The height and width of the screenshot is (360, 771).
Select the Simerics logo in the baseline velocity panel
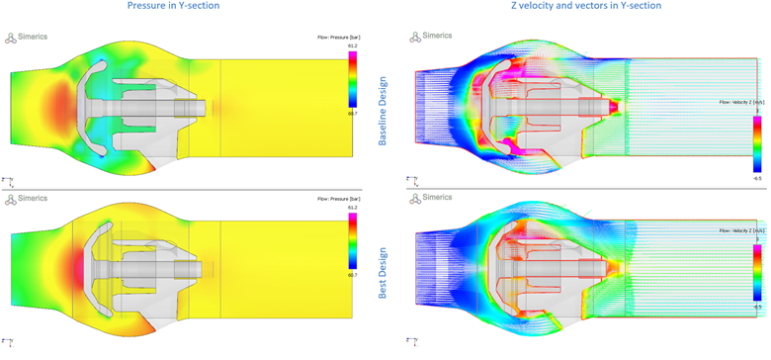432,36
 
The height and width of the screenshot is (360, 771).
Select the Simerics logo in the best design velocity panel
432,197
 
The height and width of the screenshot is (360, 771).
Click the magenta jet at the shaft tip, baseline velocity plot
613,105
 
